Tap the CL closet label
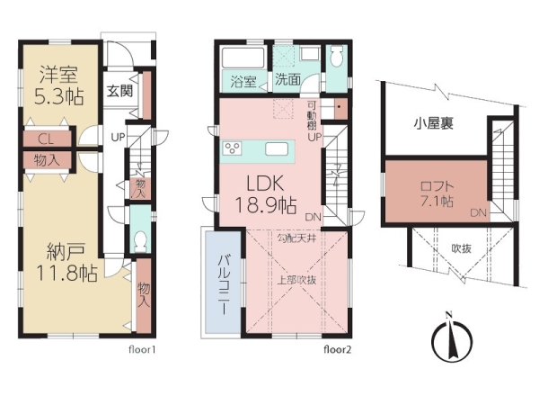point(46,139)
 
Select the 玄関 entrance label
point(119,91)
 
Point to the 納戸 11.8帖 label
point(66,263)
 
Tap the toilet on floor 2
point(337,56)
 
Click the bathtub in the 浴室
point(243,58)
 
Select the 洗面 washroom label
point(287,80)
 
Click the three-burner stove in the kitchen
point(232,148)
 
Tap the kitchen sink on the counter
point(277,149)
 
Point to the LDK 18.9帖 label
point(265,194)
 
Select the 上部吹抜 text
point(296,280)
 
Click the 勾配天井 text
point(296,238)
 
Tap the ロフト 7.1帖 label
point(437,193)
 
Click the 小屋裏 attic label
point(434,123)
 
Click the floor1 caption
point(142,350)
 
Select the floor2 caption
point(337,350)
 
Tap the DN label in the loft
point(479,212)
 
